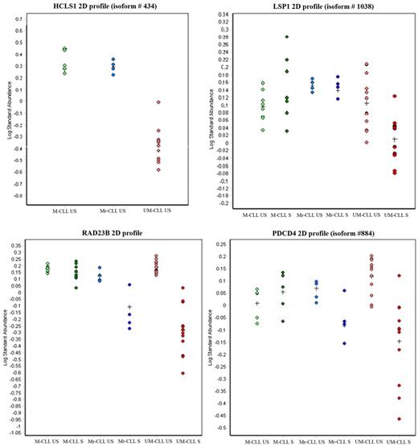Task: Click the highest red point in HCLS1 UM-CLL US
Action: tap(158, 102)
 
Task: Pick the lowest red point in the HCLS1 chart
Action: tap(158, 170)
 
